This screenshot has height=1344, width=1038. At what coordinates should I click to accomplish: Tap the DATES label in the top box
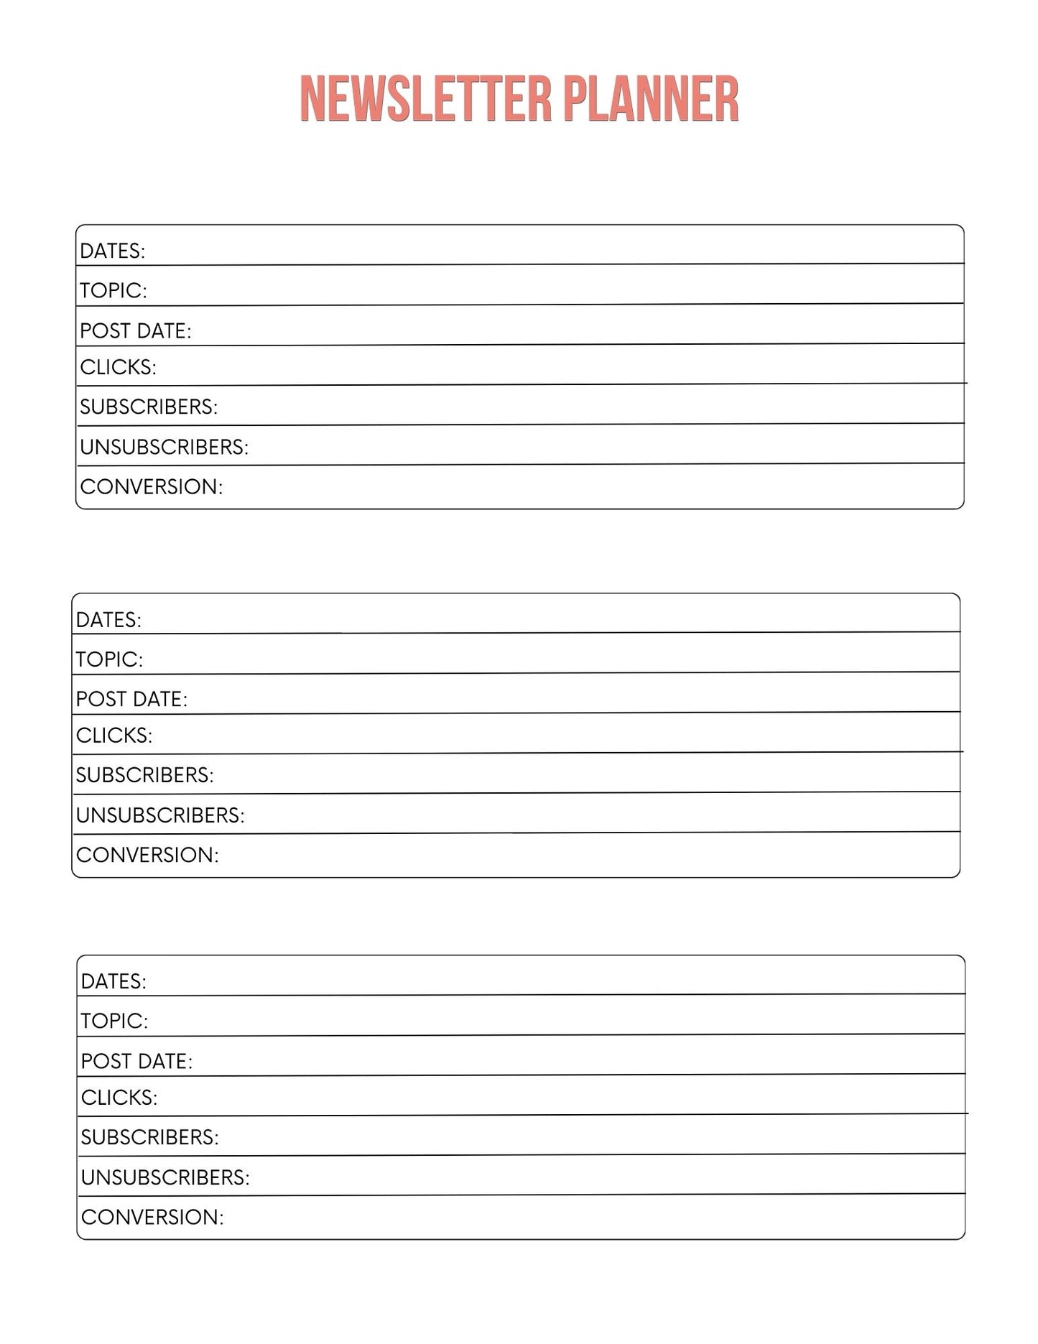click(x=112, y=251)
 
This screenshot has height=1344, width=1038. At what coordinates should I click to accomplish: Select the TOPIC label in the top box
click(x=113, y=290)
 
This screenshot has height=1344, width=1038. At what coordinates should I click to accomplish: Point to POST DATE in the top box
click(x=135, y=330)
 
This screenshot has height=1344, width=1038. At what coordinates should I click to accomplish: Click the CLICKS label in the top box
click(x=118, y=367)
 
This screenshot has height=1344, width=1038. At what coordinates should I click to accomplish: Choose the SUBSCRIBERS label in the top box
click(x=148, y=407)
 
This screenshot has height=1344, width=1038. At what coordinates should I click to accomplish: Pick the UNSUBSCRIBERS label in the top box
click(x=164, y=447)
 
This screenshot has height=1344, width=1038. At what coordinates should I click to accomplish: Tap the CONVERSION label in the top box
click(x=151, y=486)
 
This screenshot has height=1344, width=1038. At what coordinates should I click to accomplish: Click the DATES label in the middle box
click(x=108, y=619)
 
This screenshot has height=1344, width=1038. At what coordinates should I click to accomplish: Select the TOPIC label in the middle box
click(x=109, y=659)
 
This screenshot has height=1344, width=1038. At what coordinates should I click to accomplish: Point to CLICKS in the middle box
click(x=113, y=735)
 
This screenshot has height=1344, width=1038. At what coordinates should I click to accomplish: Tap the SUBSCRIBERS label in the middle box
click(x=144, y=775)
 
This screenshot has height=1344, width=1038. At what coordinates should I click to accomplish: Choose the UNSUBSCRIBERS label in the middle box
click(x=160, y=815)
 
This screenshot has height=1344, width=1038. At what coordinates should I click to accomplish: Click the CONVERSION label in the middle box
click(x=147, y=855)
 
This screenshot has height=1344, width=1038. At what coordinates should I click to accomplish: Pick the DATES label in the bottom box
click(x=113, y=981)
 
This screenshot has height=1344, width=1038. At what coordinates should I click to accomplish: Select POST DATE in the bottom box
click(x=136, y=1061)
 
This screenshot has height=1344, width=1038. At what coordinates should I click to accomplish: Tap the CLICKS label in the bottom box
click(x=119, y=1097)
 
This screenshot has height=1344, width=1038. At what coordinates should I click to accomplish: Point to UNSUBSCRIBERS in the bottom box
click(x=165, y=1177)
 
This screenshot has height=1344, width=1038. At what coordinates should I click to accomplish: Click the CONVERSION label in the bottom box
click(x=152, y=1217)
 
